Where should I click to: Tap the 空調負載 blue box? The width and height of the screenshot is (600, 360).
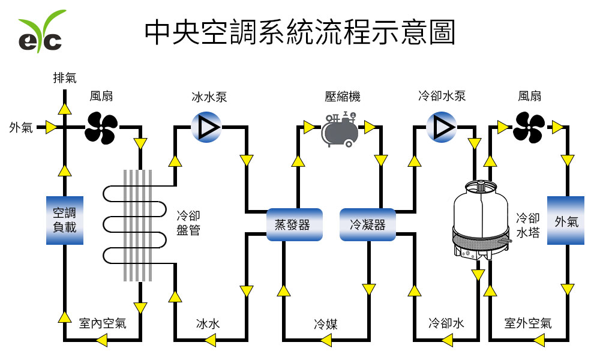[x=64, y=220]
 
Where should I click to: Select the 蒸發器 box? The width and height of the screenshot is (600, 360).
[x=294, y=224]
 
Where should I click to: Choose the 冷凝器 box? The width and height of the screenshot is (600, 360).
[x=368, y=224]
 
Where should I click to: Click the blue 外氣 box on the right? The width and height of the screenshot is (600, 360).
[x=566, y=220]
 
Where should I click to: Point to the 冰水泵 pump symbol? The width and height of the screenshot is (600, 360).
[x=206, y=127]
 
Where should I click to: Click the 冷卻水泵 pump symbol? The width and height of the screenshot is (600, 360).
[x=442, y=127]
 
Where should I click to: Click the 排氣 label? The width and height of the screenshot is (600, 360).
[x=65, y=77]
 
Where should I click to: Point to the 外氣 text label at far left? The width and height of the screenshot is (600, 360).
[x=21, y=127]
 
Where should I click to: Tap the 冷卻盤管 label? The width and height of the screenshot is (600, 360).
[x=188, y=223]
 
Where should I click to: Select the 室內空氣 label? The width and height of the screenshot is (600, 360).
[x=103, y=323]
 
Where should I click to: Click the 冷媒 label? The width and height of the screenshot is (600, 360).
[x=326, y=325]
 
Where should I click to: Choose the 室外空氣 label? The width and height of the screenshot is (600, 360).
[x=528, y=323]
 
